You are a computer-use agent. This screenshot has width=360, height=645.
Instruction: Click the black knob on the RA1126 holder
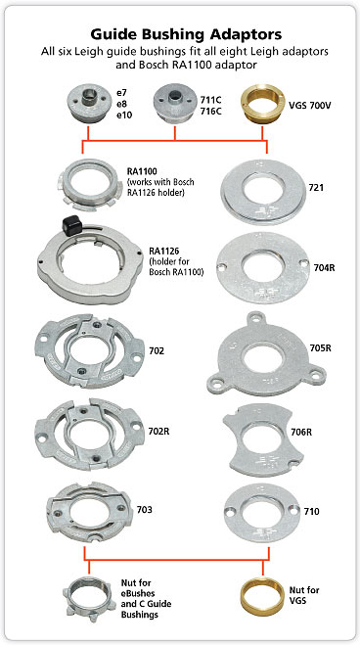(x=71, y=226)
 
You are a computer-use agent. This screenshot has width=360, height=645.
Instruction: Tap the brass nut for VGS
(x=262, y=595)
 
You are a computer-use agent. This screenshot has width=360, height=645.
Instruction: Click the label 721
(x=316, y=188)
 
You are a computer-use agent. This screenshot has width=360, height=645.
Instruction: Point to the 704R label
(x=324, y=268)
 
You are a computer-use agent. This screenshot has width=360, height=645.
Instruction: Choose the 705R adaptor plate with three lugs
(x=267, y=354)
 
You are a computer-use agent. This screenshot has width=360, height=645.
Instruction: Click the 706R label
(x=301, y=433)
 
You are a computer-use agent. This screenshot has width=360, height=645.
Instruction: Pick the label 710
(x=311, y=512)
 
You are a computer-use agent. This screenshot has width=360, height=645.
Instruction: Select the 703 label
(x=144, y=510)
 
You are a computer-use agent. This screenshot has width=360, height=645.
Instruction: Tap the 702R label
(x=159, y=432)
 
